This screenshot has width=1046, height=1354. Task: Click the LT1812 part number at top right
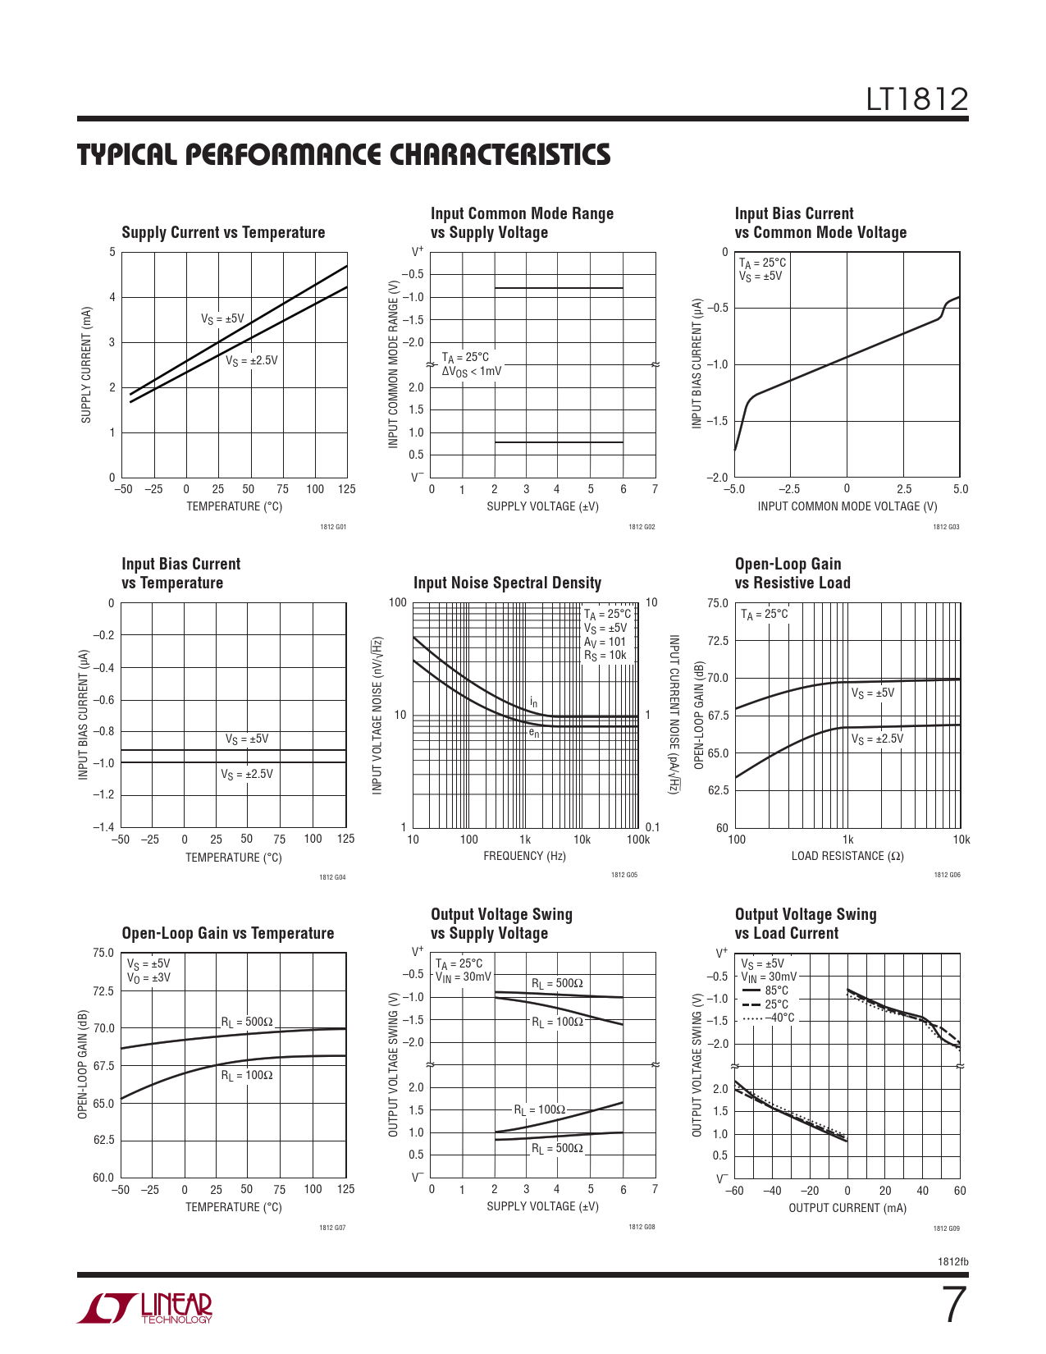pos(917,100)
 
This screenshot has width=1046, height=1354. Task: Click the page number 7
pos(952,1306)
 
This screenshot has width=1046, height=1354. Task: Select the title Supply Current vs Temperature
pos(223,233)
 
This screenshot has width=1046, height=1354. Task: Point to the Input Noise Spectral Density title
pos(507,583)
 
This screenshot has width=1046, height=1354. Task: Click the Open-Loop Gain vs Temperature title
pos(228,934)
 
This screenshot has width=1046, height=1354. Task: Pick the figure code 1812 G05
pos(623,876)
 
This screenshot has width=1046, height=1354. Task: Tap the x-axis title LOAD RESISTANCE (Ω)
pos(847,857)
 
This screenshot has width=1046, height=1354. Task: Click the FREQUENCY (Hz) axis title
pos(524,857)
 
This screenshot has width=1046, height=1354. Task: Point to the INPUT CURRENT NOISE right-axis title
pos(674,714)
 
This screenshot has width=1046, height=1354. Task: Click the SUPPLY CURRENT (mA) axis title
pos(86,365)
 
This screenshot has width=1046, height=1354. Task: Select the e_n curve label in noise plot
pos(534,733)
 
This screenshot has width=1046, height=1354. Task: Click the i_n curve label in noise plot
pos(534,702)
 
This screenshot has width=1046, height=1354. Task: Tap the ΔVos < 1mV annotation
pos(472,372)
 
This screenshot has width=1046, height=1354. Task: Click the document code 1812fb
pos(952,1262)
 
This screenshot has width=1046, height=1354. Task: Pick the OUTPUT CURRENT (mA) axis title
pos(847,1208)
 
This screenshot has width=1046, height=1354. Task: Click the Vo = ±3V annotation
pos(148,978)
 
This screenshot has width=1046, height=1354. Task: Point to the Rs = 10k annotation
pos(605,656)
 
